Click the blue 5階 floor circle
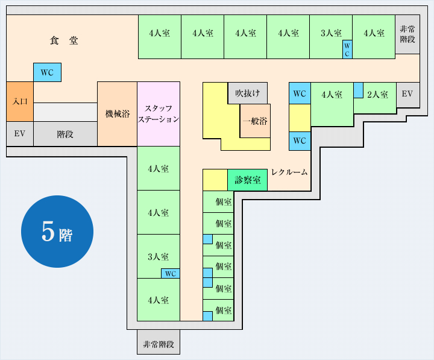pyautogui.click(x=57, y=232)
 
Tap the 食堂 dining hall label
pyautogui.click(x=64, y=41)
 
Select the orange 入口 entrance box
pyautogui.click(x=19, y=101)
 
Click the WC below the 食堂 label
pyautogui.click(x=47, y=73)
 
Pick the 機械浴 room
pyautogui.click(x=117, y=114)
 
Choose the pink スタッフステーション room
pyautogui.click(x=159, y=113)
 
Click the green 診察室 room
pyautogui.click(x=247, y=180)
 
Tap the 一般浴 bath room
pyautogui.click(x=255, y=121)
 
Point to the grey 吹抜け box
pyautogui.click(x=247, y=93)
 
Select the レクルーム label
pyautogui.click(x=289, y=172)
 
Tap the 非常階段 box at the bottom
pyautogui.click(x=159, y=345)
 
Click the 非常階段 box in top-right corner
pyautogui.click(x=407, y=34)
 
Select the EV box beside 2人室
pyautogui.click(x=407, y=94)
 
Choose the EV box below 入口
pyautogui.click(x=19, y=133)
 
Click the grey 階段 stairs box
pyautogui.click(x=65, y=134)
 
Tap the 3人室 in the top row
pyautogui.click(x=330, y=34)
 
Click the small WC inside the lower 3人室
pyautogui.click(x=171, y=274)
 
